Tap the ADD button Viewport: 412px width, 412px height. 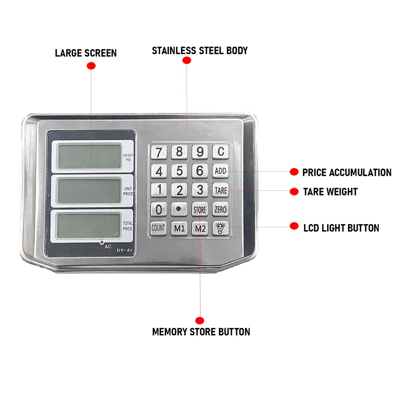coord(220,171)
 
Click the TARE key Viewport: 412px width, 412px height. coord(220,190)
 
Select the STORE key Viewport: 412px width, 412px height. coord(200,210)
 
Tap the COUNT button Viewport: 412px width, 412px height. coord(159,228)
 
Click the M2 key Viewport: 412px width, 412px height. coord(200,229)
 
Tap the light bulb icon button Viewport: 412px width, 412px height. coord(220,228)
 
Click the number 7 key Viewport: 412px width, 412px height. coord(159,152)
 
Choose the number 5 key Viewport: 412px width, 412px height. coord(179,171)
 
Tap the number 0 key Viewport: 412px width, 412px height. coord(159,210)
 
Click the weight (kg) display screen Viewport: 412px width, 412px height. coord(89,157)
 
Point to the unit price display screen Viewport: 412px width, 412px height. coord(89,191)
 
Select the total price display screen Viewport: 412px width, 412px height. coord(89,225)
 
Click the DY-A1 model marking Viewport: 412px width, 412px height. coord(124,250)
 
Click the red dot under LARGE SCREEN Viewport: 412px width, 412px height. coord(91,66)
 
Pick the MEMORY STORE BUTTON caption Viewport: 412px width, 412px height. coord(201,332)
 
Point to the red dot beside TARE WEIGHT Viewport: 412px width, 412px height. coord(294,192)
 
